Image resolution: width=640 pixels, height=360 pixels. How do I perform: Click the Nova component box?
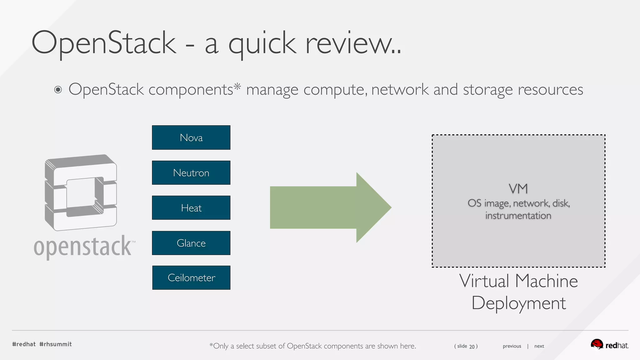(191, 137)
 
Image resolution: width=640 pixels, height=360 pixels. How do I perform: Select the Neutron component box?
(191, 173)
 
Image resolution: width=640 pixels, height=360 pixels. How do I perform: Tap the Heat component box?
(191, 208)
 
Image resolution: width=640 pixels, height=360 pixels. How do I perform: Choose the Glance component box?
(191, 243)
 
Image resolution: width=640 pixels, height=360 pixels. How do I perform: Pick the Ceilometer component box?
(191, 278)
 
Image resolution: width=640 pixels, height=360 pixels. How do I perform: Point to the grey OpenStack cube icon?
(81, 192)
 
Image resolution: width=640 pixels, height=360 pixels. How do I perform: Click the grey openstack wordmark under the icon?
(83, 247)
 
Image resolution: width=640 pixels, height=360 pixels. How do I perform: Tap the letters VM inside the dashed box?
(518, 189)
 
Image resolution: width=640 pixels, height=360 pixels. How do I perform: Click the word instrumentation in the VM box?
(518, 216)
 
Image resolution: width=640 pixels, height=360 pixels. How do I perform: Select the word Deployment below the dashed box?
(518, 303)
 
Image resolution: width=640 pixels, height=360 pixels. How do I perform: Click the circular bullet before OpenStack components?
(58, 90)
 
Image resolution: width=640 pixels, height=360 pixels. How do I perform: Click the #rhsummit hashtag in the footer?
(56, 344)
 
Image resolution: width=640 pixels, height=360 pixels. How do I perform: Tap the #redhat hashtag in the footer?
(24, 344)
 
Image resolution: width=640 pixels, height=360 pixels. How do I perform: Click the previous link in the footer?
(512, 346)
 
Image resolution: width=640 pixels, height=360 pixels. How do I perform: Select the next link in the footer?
(539, 346)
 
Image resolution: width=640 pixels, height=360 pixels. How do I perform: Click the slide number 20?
(472, 347)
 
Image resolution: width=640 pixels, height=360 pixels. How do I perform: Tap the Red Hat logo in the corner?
(609, 345)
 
